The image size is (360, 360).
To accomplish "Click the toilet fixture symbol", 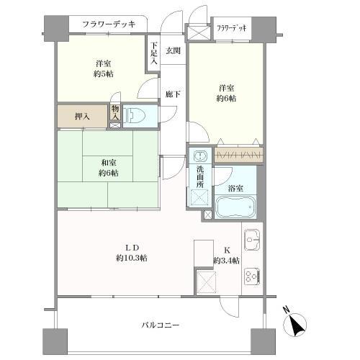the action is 135,116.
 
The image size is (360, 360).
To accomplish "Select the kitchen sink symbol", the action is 252,240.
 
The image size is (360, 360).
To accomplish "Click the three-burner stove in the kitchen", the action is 252,276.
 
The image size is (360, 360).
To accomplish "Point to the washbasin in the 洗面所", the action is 199,156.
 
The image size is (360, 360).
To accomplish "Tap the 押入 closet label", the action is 82,117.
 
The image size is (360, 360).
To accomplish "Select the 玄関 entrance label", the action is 173,50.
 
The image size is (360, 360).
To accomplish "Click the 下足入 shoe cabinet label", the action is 154,53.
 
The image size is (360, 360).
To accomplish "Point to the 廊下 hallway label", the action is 173,94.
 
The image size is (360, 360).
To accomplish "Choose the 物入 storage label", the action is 115,113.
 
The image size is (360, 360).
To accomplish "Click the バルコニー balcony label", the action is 160,325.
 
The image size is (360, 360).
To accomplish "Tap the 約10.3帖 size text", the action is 132,258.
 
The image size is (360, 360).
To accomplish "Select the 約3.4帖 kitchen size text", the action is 226,261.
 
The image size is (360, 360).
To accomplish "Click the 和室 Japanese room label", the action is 109,163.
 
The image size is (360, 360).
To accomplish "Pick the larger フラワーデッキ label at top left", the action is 109,24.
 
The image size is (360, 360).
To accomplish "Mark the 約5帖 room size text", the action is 104,74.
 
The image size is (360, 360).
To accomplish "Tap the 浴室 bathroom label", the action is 235,188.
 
